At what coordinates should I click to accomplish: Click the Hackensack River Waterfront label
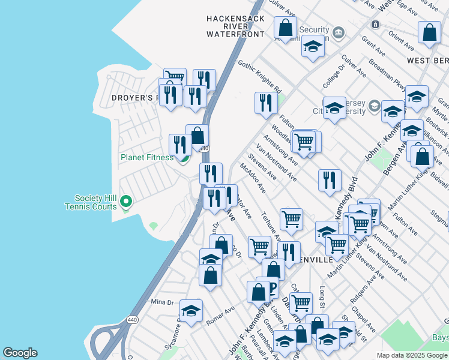(235, 26)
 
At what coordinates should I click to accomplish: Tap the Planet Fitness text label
(147, 158)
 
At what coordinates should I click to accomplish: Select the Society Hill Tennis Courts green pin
(126, 201)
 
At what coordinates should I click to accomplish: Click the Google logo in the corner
(20, 353)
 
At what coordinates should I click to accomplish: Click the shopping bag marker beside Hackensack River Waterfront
(285, 28)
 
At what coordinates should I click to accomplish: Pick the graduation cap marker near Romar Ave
(191, 310)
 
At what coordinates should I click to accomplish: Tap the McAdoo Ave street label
(253, 179)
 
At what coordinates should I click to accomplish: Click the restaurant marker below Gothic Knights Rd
(265, 103)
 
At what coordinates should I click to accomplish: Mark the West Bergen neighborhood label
(427, 61)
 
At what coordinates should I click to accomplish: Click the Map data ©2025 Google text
(412, 355)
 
